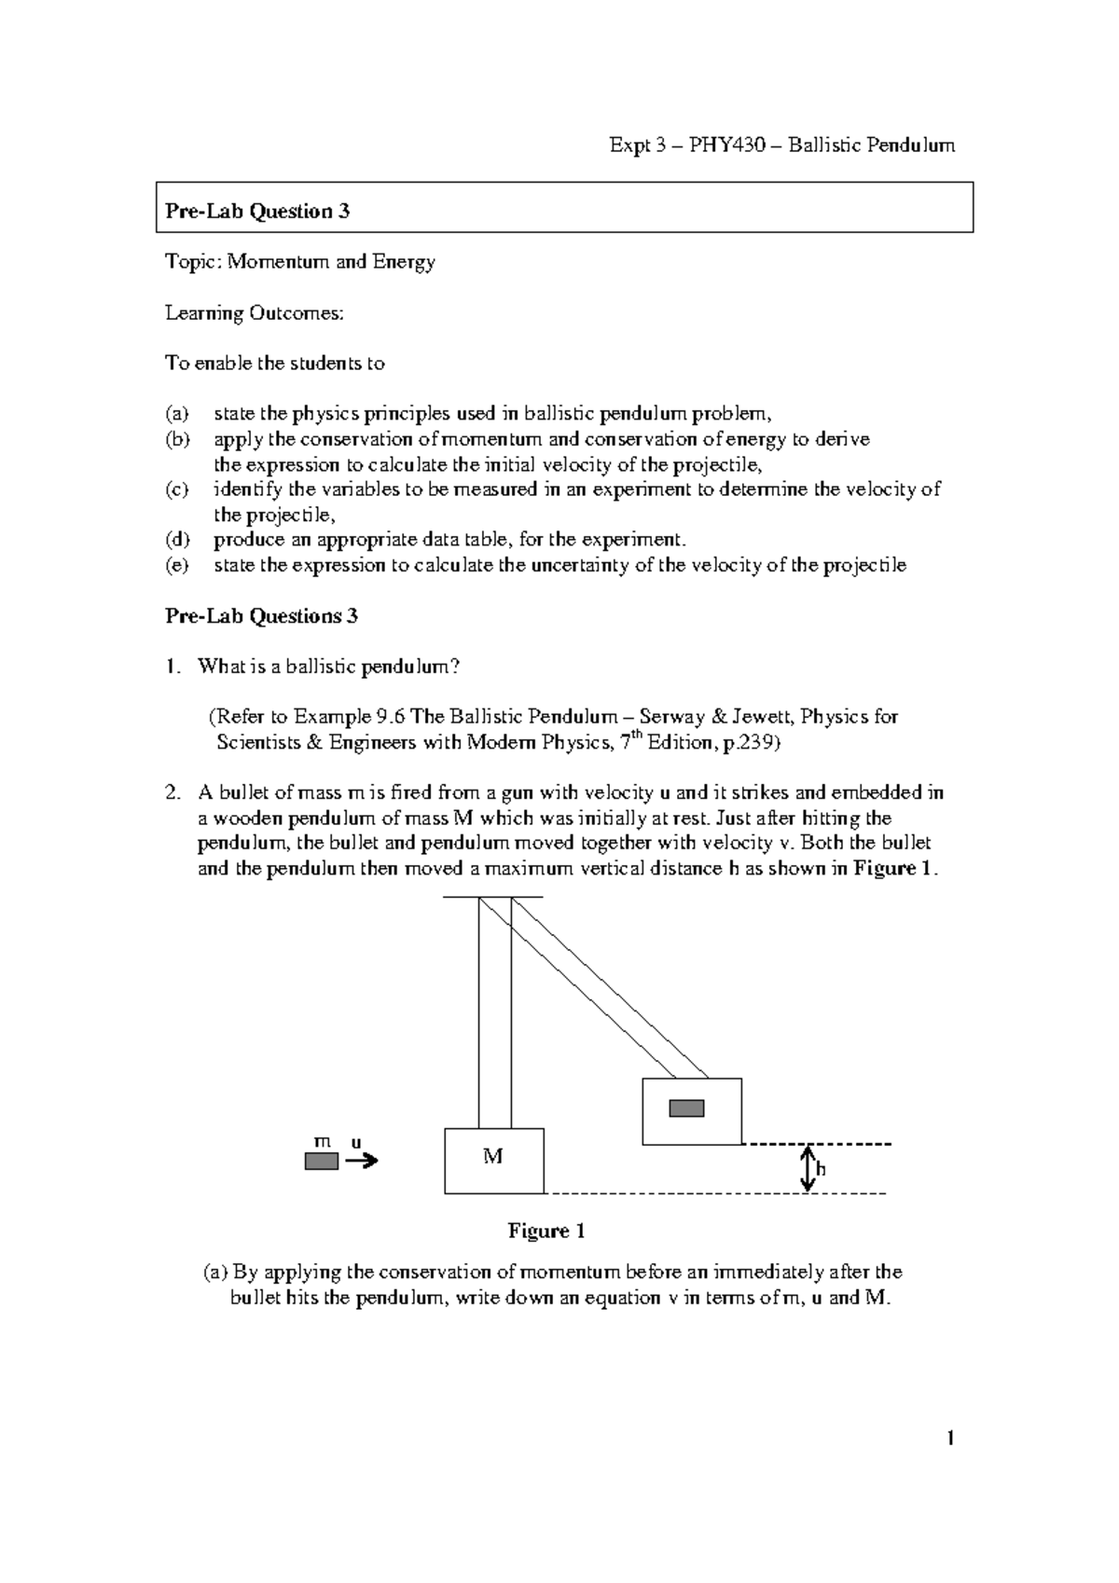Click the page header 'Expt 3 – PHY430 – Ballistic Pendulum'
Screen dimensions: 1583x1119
[781, 145]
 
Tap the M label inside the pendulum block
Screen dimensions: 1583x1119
[492, 1157]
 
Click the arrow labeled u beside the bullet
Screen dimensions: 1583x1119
[361, 1161]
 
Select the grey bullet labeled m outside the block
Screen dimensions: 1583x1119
[322, 1161]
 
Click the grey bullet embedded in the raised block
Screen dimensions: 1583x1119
[687, 1108]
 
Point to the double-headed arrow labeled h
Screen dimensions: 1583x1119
[808, 1168]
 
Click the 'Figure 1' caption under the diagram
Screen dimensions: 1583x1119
[546, 1231]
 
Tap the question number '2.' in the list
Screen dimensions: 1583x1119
[172, 793]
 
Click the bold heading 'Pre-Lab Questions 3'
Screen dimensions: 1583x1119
[261, 616]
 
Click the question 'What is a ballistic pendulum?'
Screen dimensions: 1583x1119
[328, 667]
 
